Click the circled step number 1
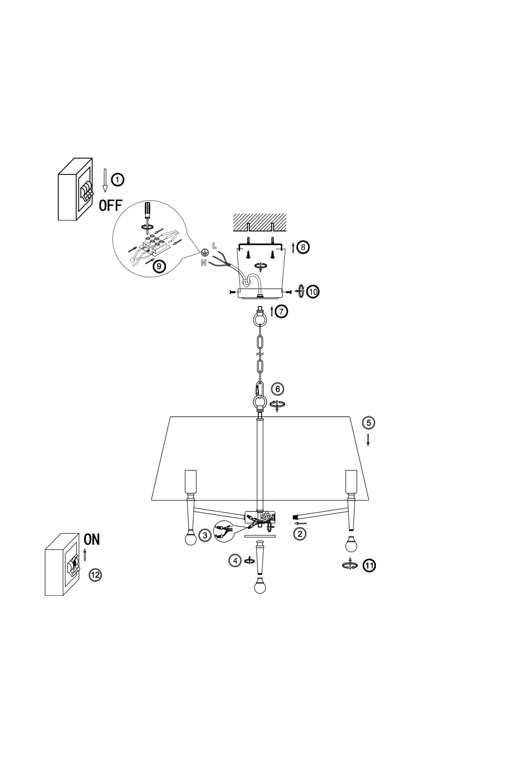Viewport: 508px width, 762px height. click(x=118, y=179)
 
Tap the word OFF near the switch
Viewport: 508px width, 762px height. click(x=110, y=206)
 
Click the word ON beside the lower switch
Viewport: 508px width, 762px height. click(x=92, y=539)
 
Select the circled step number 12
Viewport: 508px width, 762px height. click(x=96, y=574)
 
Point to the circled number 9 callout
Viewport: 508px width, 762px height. click(x=159, y=266)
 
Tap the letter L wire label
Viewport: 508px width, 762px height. click(x=214, y=245)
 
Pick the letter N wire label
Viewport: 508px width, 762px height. click(x=204, y=263)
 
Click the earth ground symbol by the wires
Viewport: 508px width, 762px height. click(x=204, y=253)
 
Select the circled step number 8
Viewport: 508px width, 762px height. click(x=303, y=247)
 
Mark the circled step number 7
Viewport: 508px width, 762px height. click(x=281, y=312)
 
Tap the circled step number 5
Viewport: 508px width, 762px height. click(x=368, y=422)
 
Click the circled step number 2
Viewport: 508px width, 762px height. click(x=300, y=533)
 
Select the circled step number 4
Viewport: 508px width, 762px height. click(x=234, y=560)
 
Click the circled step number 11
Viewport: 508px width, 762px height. click(x=370, y=565)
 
